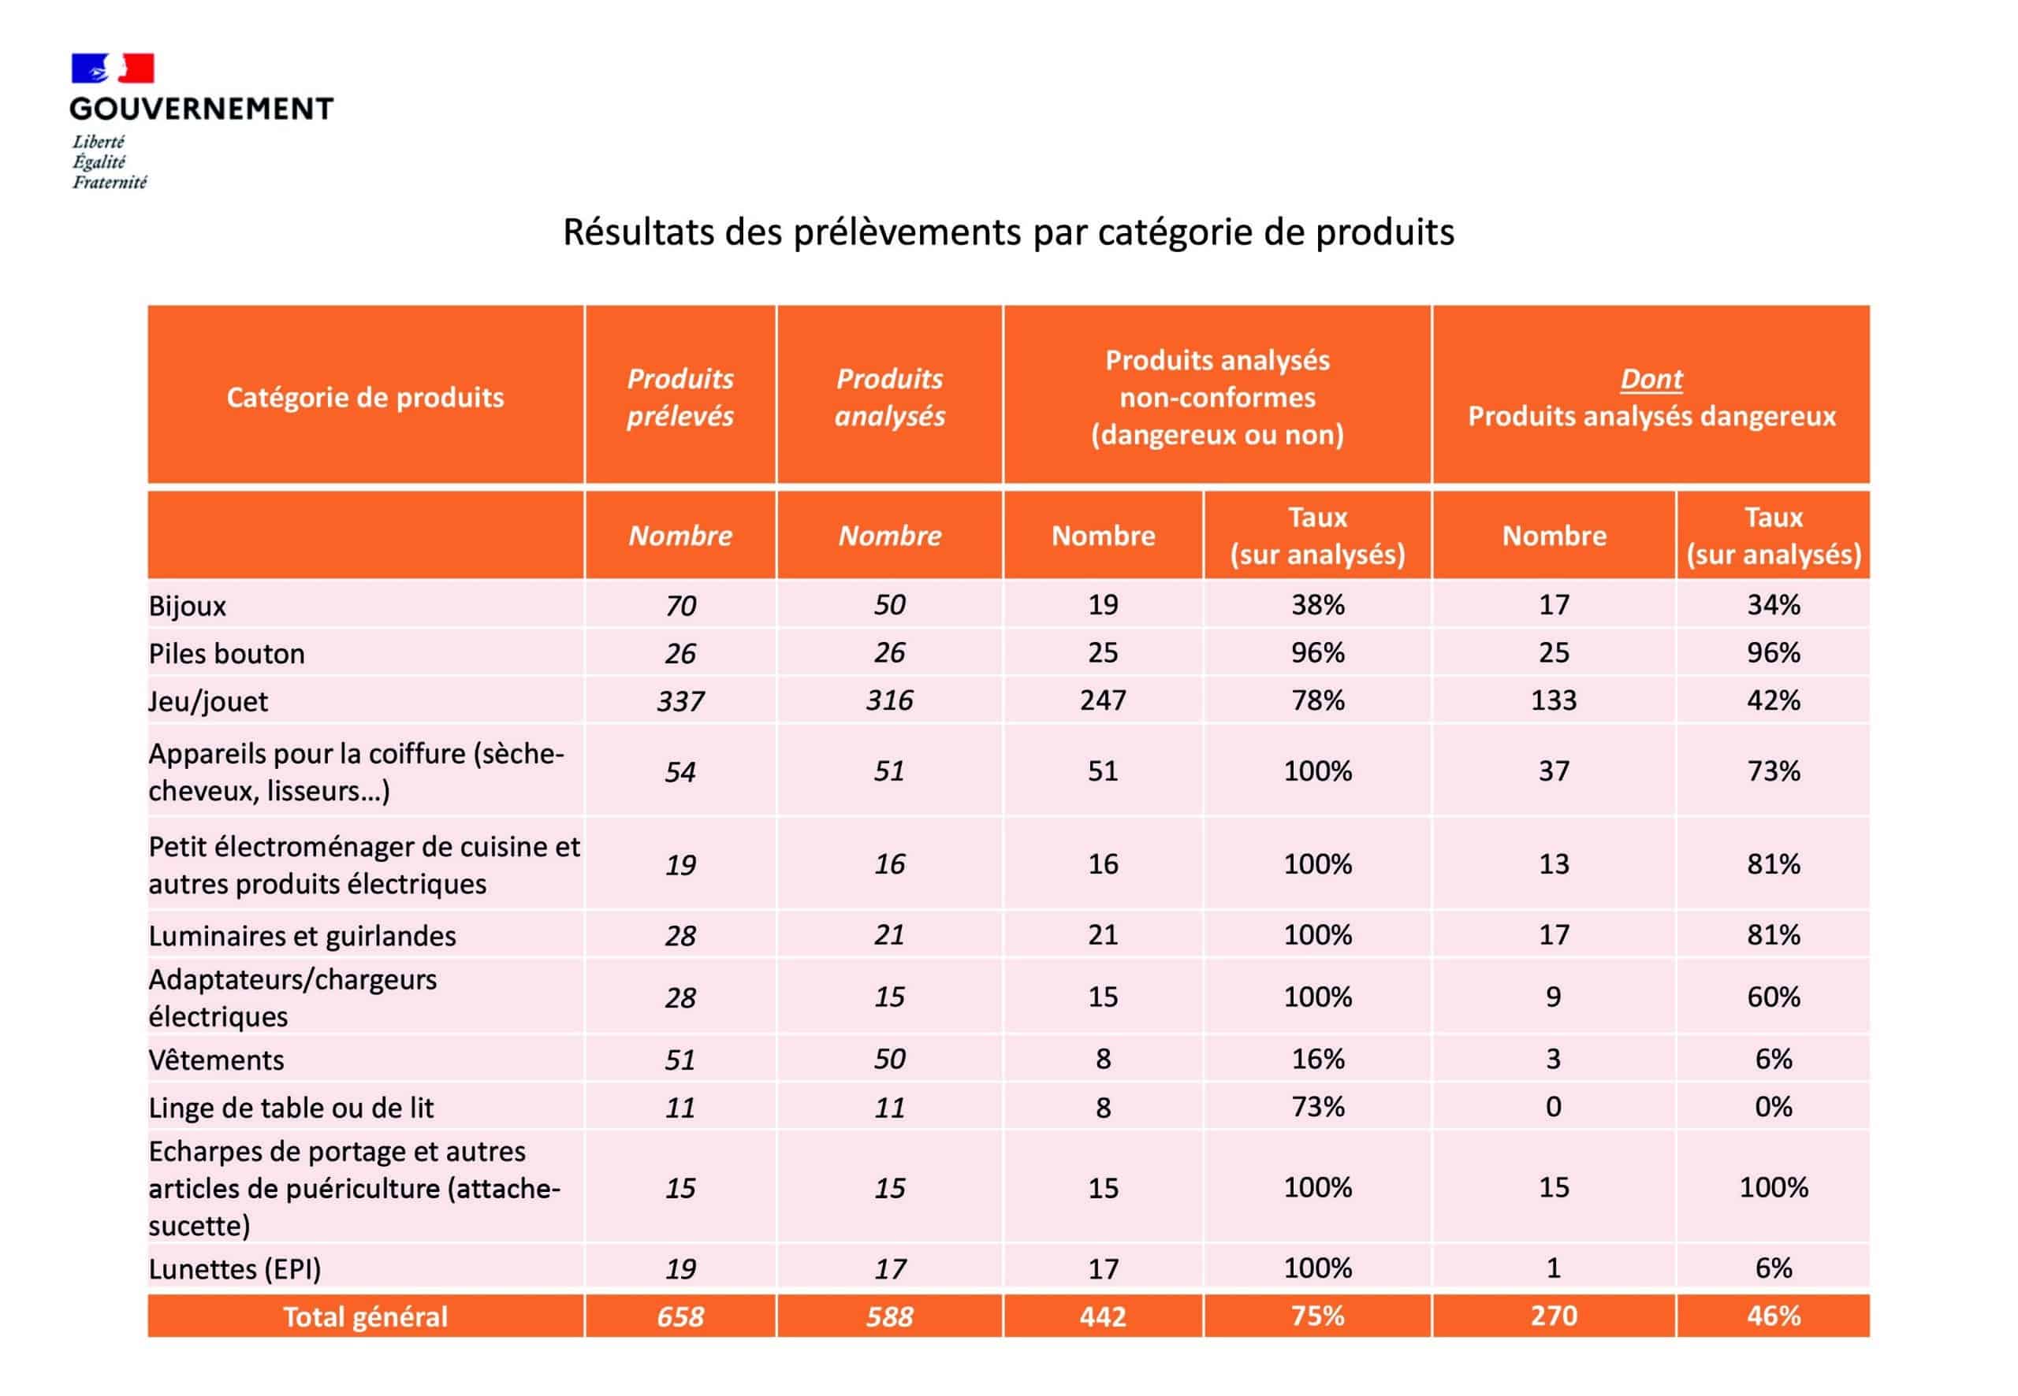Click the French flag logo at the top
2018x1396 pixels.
(112, 69)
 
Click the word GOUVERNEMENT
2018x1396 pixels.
(201, 109)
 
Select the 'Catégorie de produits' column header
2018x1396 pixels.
(365, 398)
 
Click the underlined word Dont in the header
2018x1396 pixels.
(1651, 379)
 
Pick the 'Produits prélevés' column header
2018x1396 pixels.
(680, 397)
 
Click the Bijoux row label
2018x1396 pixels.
(188, 605)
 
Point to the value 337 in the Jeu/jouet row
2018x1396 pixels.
(680, 700)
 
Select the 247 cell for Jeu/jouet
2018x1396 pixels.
(1103, 700)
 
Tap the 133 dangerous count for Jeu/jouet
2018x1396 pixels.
(1554, 700)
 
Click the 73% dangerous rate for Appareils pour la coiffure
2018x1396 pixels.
(1773, 770)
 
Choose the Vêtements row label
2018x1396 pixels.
(216, 1060)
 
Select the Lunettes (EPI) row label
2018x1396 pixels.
(235, 1268)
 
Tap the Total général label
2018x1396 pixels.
(365, 1316)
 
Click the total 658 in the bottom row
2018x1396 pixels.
(680, 1316)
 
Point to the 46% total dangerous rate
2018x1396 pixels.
(1773, 1316)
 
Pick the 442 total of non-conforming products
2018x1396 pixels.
(1103, 1316)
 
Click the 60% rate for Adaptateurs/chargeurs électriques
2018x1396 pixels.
(1773, 997)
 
